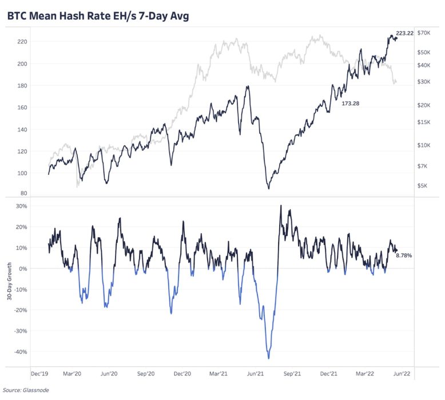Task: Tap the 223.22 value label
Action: coord(404,34)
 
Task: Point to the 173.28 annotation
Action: coord(349,103)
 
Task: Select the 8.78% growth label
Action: coord(404,255)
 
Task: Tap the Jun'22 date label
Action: coord(400,373)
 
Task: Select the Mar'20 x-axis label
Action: coord(75,373)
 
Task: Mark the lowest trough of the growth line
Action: coord(269,359)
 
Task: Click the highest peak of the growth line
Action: coord(281,205)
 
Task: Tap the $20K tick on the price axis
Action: coord(423,105)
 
